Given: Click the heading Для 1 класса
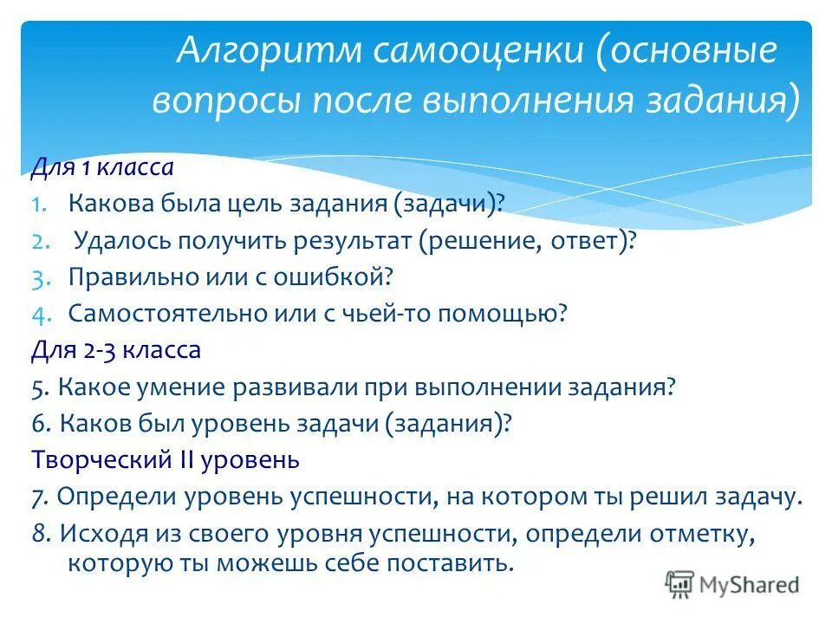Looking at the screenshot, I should tap(103, 166).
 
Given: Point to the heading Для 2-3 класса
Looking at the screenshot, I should tap(116, 350).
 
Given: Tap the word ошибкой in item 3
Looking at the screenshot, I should tap(346, 277).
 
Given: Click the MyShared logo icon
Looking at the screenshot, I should tap(680, 585).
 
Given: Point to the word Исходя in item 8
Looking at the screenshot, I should tap(94, 533).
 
